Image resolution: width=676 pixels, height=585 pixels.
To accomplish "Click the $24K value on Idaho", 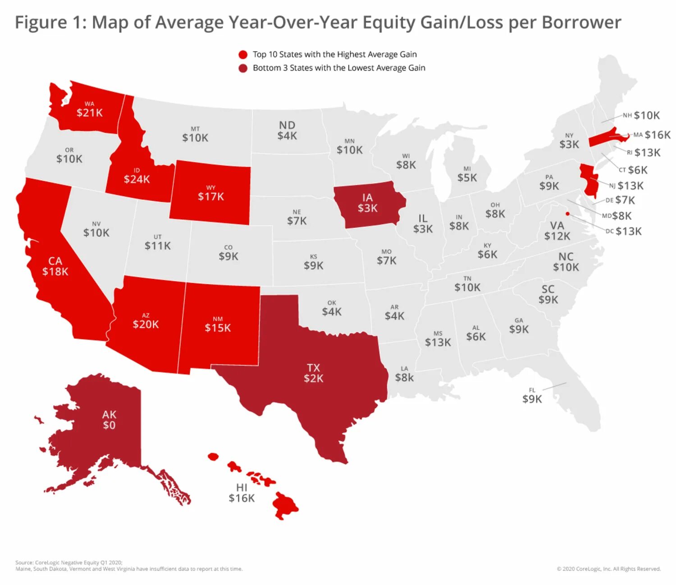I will click(x=137, y=179).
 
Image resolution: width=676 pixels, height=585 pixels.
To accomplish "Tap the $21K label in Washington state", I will click(x=90, y=113).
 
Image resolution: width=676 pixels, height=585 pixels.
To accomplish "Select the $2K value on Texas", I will click(x=313, y=378).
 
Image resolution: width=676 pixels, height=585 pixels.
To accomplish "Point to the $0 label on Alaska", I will click(x=109, y=425).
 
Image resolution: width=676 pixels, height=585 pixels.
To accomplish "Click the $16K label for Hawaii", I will click(x=242, y=498).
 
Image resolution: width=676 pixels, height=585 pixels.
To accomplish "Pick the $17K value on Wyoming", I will click(x=211, y=196).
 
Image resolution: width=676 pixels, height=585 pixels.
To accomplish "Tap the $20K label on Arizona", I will click(x=146, y=324).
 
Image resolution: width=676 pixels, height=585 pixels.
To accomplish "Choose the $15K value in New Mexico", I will click(x=218, y=328).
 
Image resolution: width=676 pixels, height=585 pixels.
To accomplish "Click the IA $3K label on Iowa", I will click(x=367, y=203).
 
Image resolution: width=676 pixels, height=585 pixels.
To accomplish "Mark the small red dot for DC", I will click(x=567, y=213).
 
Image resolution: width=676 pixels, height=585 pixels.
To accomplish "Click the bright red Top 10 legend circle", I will click(x=243, y=55).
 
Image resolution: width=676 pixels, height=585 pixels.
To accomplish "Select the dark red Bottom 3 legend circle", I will click(x=243, y=68).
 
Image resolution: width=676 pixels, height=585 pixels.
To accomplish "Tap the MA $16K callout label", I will click(x=652, y=135).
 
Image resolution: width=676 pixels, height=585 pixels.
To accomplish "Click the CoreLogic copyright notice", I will click(x=608, y=569).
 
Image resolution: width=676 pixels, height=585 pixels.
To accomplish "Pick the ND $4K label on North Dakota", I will click(x=287, y=131).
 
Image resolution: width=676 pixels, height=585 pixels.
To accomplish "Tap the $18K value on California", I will click(x=55, y=272).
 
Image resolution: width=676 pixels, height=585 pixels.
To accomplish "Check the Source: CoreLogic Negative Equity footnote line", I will click(x=69, y=562).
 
